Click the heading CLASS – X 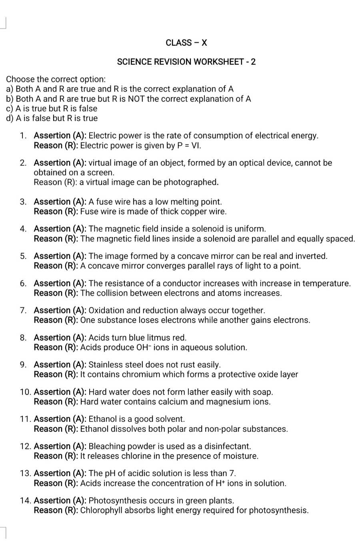coord(186,43)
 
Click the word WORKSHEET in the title coord(219,62)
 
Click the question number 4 coord(24,229)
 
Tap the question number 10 coord(25,392)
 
